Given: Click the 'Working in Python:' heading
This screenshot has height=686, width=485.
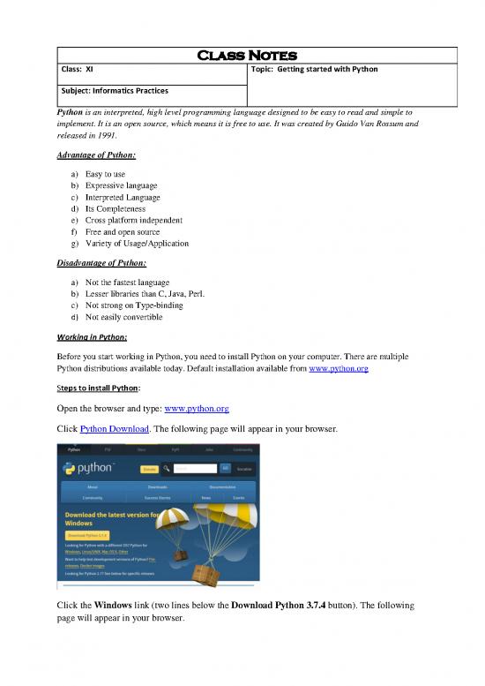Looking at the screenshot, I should [x=92, y=336].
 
